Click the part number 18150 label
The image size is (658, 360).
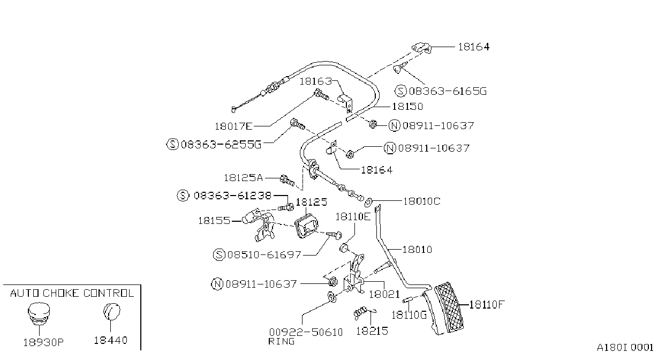(x=407, y=107)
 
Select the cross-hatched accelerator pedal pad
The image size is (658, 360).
(x=449, y=307)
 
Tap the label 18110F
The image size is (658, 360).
(x=487, y=304)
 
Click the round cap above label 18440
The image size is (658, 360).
(x=111, y=311)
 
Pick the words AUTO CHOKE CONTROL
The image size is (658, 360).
(x=72, y=293)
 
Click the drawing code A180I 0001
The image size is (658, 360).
(x=625, y=348)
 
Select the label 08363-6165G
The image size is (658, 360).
(x=448, y=91)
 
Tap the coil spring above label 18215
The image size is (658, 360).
(x=360, y=313)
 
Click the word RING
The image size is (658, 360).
(x=282, y=341)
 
